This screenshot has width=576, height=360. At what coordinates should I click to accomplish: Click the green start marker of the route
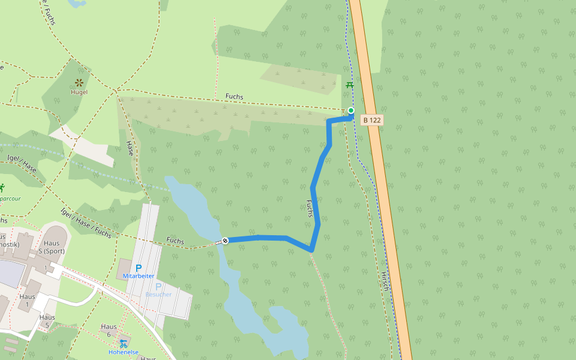pyautogui.click(x=351, y=110)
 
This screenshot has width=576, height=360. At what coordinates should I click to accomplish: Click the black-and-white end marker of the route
pyautogui.click(x=225, y=241)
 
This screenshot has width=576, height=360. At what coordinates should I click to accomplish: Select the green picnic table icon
pyautogui.click(x=350, y=85)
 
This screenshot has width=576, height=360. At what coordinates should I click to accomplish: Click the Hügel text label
pyautogui.click(x=79, y=92)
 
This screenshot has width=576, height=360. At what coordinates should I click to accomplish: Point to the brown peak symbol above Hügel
pyautogui.click(x=79, y=82)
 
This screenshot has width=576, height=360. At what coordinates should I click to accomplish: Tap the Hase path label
pyautogui.click(x=130, y=148)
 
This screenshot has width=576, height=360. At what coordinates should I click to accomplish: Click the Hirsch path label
pyautogui.click(x=385, y=281)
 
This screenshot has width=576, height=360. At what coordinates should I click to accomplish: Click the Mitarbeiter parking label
pyautogui.click(x=139, y=276)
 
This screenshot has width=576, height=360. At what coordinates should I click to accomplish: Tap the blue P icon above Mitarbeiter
pyautogui.click(x=139, y=268)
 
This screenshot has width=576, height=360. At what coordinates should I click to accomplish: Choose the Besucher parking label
pyautogui.click(x=158, y=294)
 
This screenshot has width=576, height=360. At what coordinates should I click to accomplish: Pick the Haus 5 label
pyautogui.click(x=47, y=321)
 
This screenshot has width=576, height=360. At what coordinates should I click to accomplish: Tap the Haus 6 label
pyautogui.click(x=109, y=331)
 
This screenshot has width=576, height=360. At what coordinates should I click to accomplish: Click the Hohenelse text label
pyautogui.click(x=124, y=352)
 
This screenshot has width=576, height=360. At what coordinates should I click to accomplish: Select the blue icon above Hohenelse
pyautogui.click(x=124, y=343)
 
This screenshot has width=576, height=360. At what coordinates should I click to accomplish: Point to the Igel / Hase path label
pyautogui.click(x=22, y=163)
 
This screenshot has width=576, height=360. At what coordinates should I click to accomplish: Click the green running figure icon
pyautogui.click(x=2, y=187)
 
